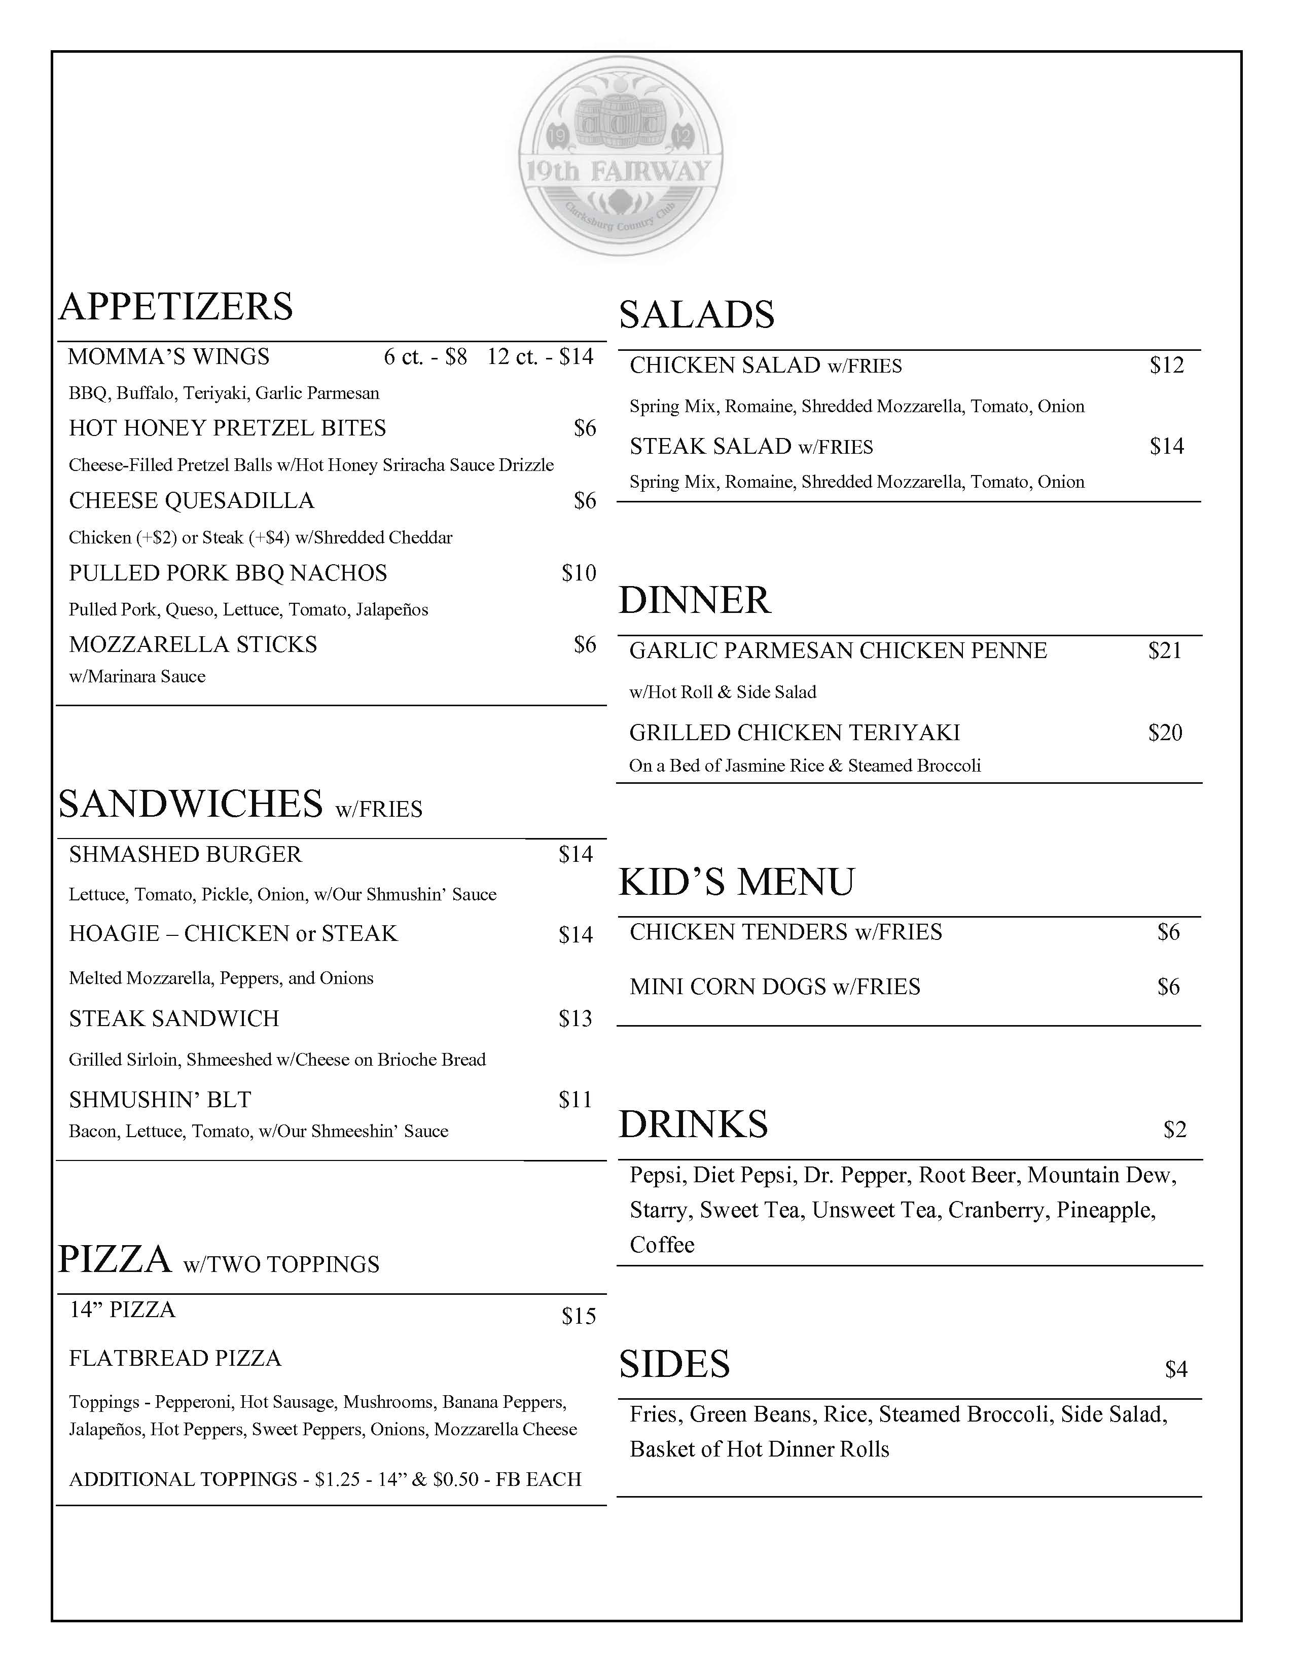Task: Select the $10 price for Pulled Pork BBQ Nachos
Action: [x=579, y=573]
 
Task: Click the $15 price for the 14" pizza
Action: [x=579, y=1316]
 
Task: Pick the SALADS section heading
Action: [x=696, y=315]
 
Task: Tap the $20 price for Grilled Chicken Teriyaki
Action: [x=1164, y=733]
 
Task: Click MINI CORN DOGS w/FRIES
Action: [x=774, y=987]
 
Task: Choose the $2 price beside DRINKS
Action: [x=1174, y=1130]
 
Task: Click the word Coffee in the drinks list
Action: [x=662, y=1245]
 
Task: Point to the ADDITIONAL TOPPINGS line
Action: [x=325, y=1479]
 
